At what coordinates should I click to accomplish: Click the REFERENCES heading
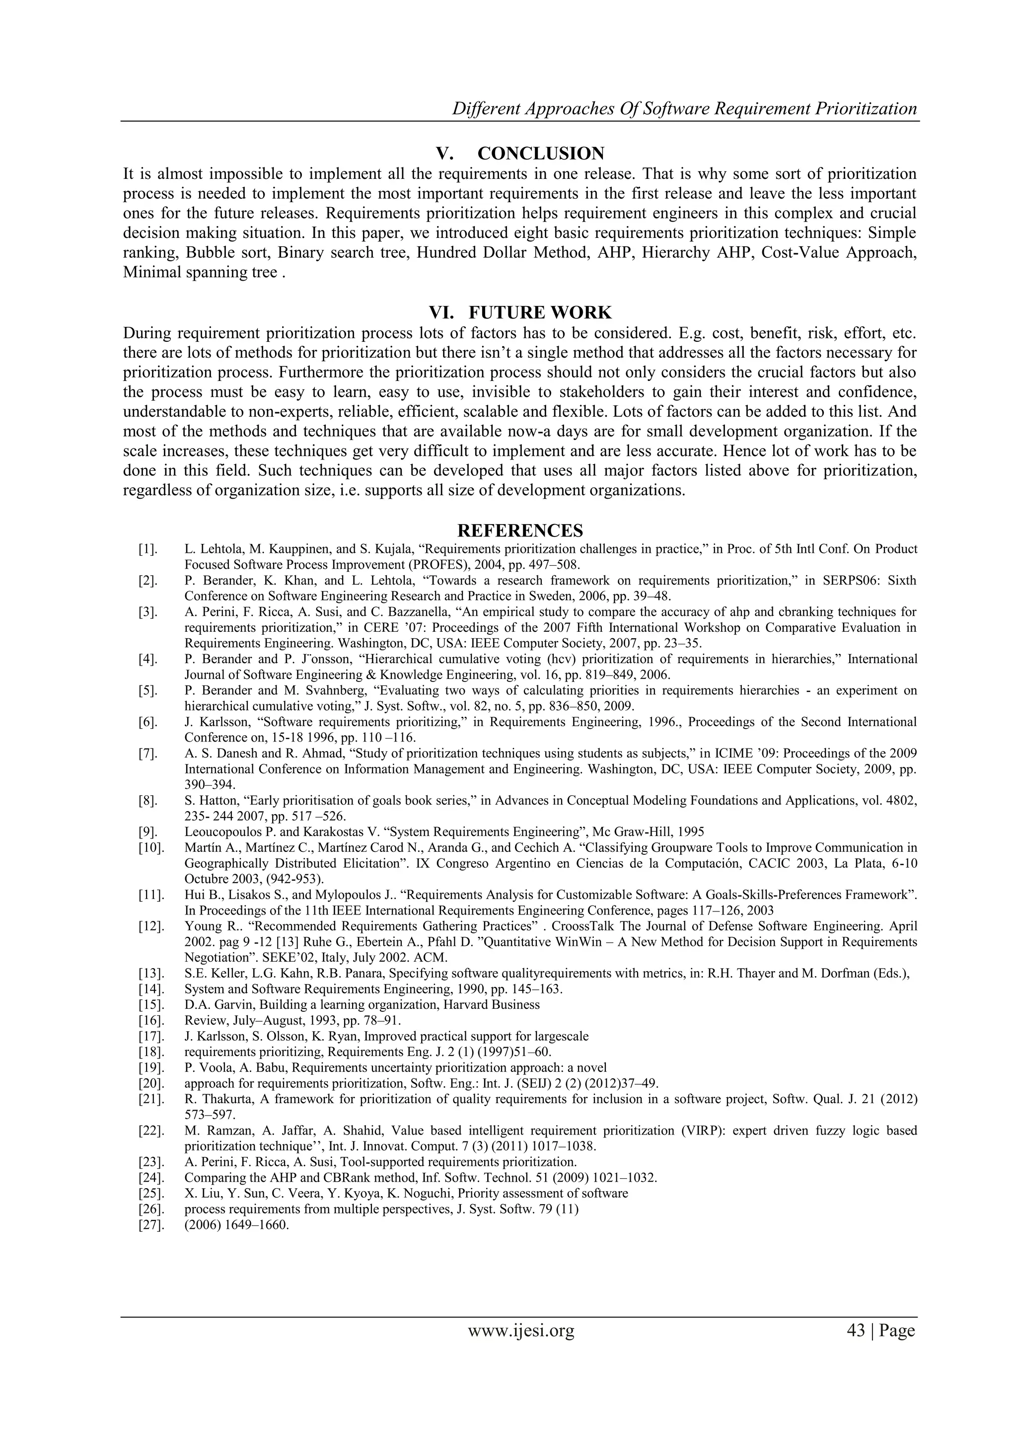click(x=520, y=530)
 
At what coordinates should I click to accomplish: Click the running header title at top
click(x=684, y=109)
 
